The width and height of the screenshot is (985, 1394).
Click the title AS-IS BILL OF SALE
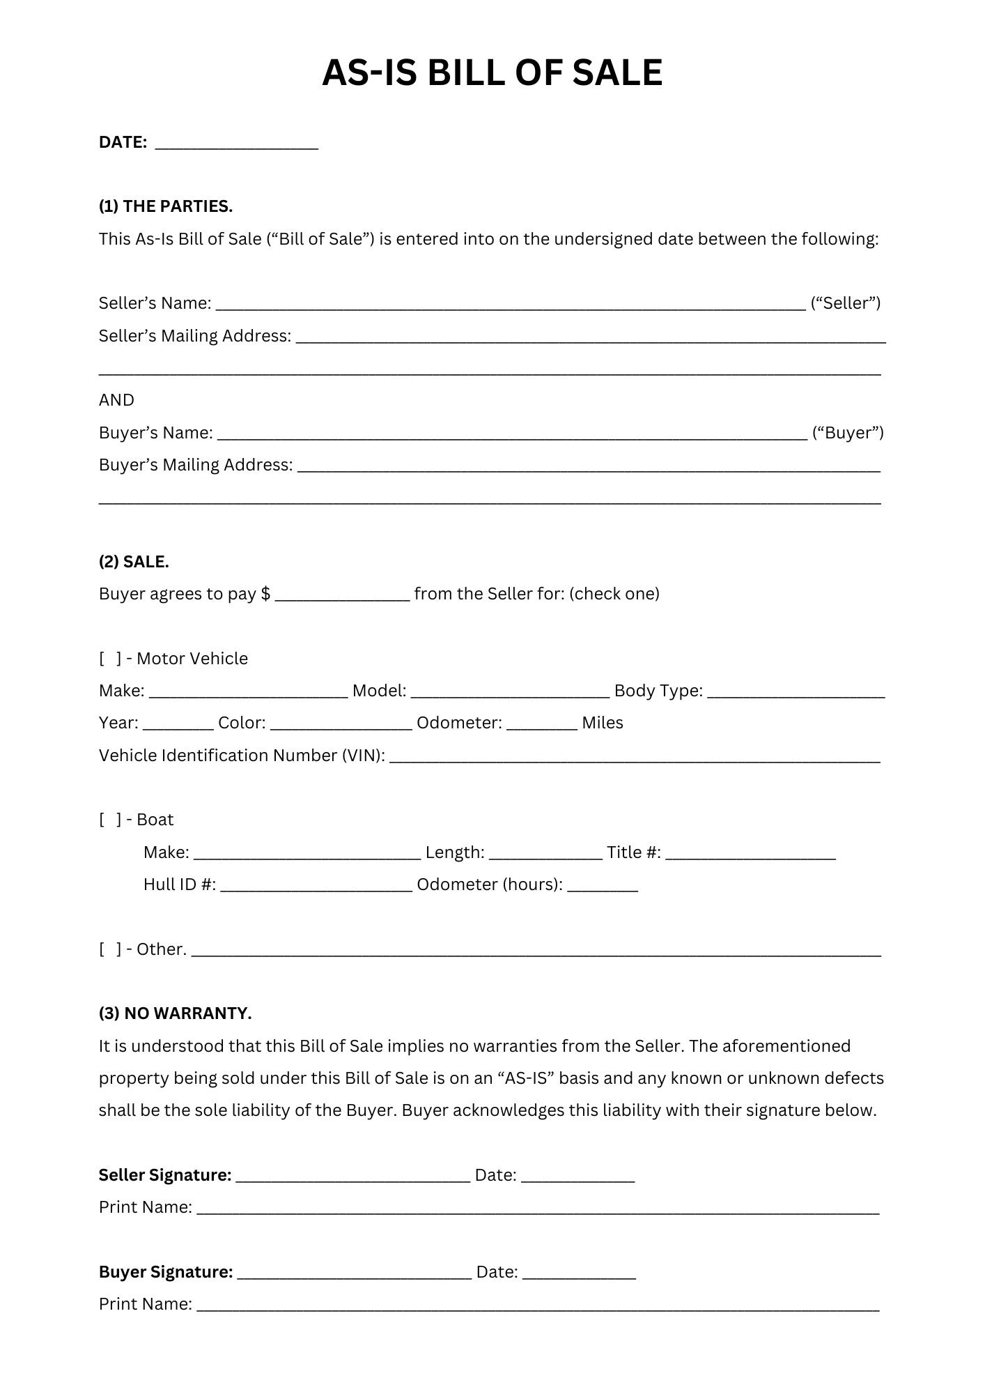point(492,72)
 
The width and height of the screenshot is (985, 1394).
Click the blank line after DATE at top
point(236,144)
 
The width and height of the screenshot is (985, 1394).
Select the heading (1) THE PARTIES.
point(166,206)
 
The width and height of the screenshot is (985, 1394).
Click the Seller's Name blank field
point(511,304)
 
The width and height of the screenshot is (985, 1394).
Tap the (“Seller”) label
point(846,303)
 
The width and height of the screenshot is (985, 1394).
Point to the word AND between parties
point(116,400)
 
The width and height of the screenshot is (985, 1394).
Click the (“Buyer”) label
point(848,433)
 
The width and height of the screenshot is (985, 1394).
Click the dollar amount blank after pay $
point(342,595)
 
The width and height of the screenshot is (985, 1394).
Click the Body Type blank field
point(796,691)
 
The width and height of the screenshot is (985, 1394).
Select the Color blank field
point(341,723)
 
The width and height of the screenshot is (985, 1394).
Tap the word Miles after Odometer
point(603,723)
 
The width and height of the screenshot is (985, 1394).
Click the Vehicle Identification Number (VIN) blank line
point(634,756)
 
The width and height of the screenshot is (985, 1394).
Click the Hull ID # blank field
point(316,885)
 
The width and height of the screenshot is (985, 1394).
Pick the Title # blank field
point(750,853)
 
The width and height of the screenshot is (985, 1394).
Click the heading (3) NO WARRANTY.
point(175,1013)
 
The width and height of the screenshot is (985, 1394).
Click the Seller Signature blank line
point(353,1176)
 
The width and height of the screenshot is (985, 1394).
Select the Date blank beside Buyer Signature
point(579,1273)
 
